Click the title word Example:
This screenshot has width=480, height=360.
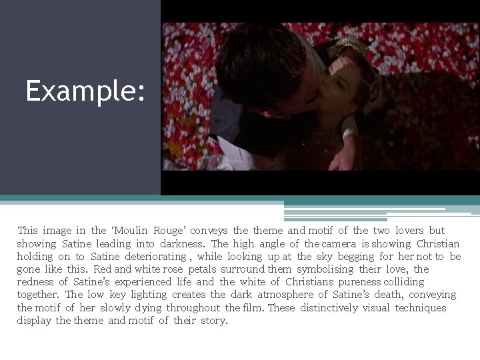[85, 91]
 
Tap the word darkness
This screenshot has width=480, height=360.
[184, 244]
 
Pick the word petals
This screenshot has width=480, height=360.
[202, 269]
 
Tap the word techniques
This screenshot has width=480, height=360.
[420, 308]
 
